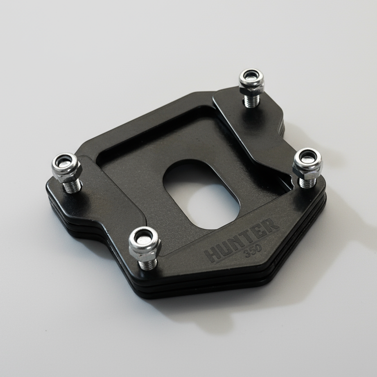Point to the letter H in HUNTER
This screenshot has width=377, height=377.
point(213,254)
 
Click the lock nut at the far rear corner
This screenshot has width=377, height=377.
point(251,79)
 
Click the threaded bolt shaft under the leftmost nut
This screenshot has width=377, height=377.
point(70,184)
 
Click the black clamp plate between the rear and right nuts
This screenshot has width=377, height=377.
point(260,130)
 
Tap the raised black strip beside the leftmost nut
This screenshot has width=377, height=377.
point(108,197)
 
